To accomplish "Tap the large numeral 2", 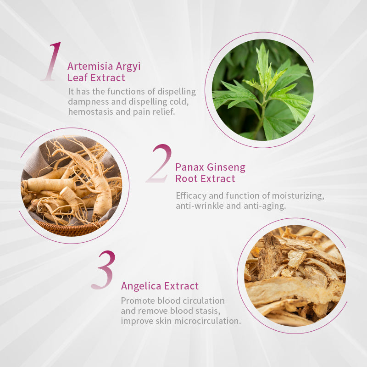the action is tap(159, 163).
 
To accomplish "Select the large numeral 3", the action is tap(104, 270).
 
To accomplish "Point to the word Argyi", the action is tap(128, 67).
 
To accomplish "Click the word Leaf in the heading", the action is tap(78, 78).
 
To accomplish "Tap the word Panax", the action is tap(190, 167).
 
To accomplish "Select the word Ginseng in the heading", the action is tap(226, 168).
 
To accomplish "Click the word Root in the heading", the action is tap(186, 179).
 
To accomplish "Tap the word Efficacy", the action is tap(191, 196).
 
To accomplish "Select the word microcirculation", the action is tap(207, 321).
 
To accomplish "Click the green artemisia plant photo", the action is tap(262, 90).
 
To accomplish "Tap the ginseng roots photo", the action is tap(72, 186).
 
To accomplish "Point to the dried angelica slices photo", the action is tap(295, 276).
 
